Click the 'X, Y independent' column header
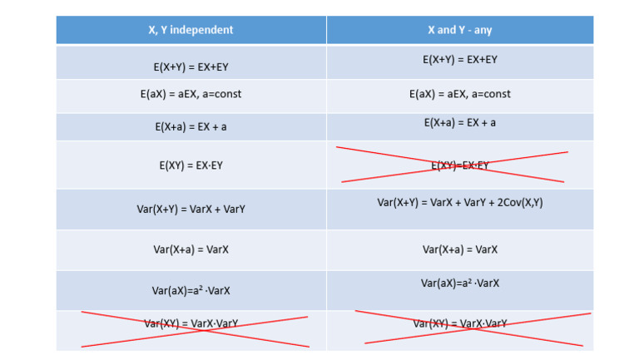191,30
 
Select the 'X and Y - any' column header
459,30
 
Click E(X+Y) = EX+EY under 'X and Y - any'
459,60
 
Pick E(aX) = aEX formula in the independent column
191,94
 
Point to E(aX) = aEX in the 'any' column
459,94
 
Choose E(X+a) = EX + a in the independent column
191,126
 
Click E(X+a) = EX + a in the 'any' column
459,122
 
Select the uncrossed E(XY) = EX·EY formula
191,165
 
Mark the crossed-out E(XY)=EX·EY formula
459,165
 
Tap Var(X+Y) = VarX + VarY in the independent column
191,209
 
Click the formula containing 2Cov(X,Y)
459,202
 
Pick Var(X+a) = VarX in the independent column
191,249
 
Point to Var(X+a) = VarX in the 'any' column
459,249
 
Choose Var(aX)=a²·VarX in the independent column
191,290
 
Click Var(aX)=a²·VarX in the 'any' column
459,283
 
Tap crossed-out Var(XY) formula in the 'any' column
459,323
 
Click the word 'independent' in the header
205,30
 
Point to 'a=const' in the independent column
220,94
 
